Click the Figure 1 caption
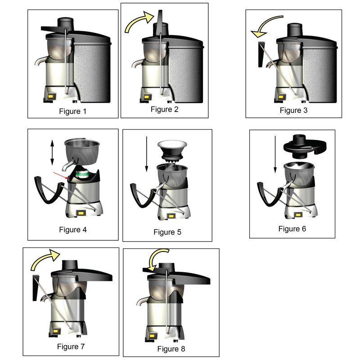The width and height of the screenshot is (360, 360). [73, 111]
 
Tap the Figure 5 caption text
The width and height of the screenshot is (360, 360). [167, 232]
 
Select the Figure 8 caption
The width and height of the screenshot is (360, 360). [171, 349]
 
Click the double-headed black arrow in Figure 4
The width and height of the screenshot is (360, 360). [52, 153]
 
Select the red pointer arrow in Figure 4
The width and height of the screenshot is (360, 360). [61, 175]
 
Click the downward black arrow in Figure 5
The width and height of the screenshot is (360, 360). [147, 154]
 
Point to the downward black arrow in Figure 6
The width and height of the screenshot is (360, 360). [275, 154]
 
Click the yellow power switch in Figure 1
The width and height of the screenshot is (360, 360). [52, 96]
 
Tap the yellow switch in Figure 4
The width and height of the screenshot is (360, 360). [81, 213]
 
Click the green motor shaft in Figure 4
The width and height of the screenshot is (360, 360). [82, 174]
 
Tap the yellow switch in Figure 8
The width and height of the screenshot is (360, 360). [152, 336]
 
